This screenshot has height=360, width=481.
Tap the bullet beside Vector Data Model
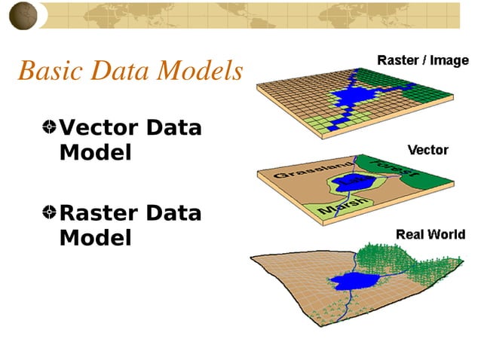click(x=49, y=127)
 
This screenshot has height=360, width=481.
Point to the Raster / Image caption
click(x=422, y=60)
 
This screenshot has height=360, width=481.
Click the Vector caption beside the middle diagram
click(x=427, y=150)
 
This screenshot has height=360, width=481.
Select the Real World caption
click(x=430, y=235)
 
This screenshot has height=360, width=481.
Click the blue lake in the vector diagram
click(x=353, y=182)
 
